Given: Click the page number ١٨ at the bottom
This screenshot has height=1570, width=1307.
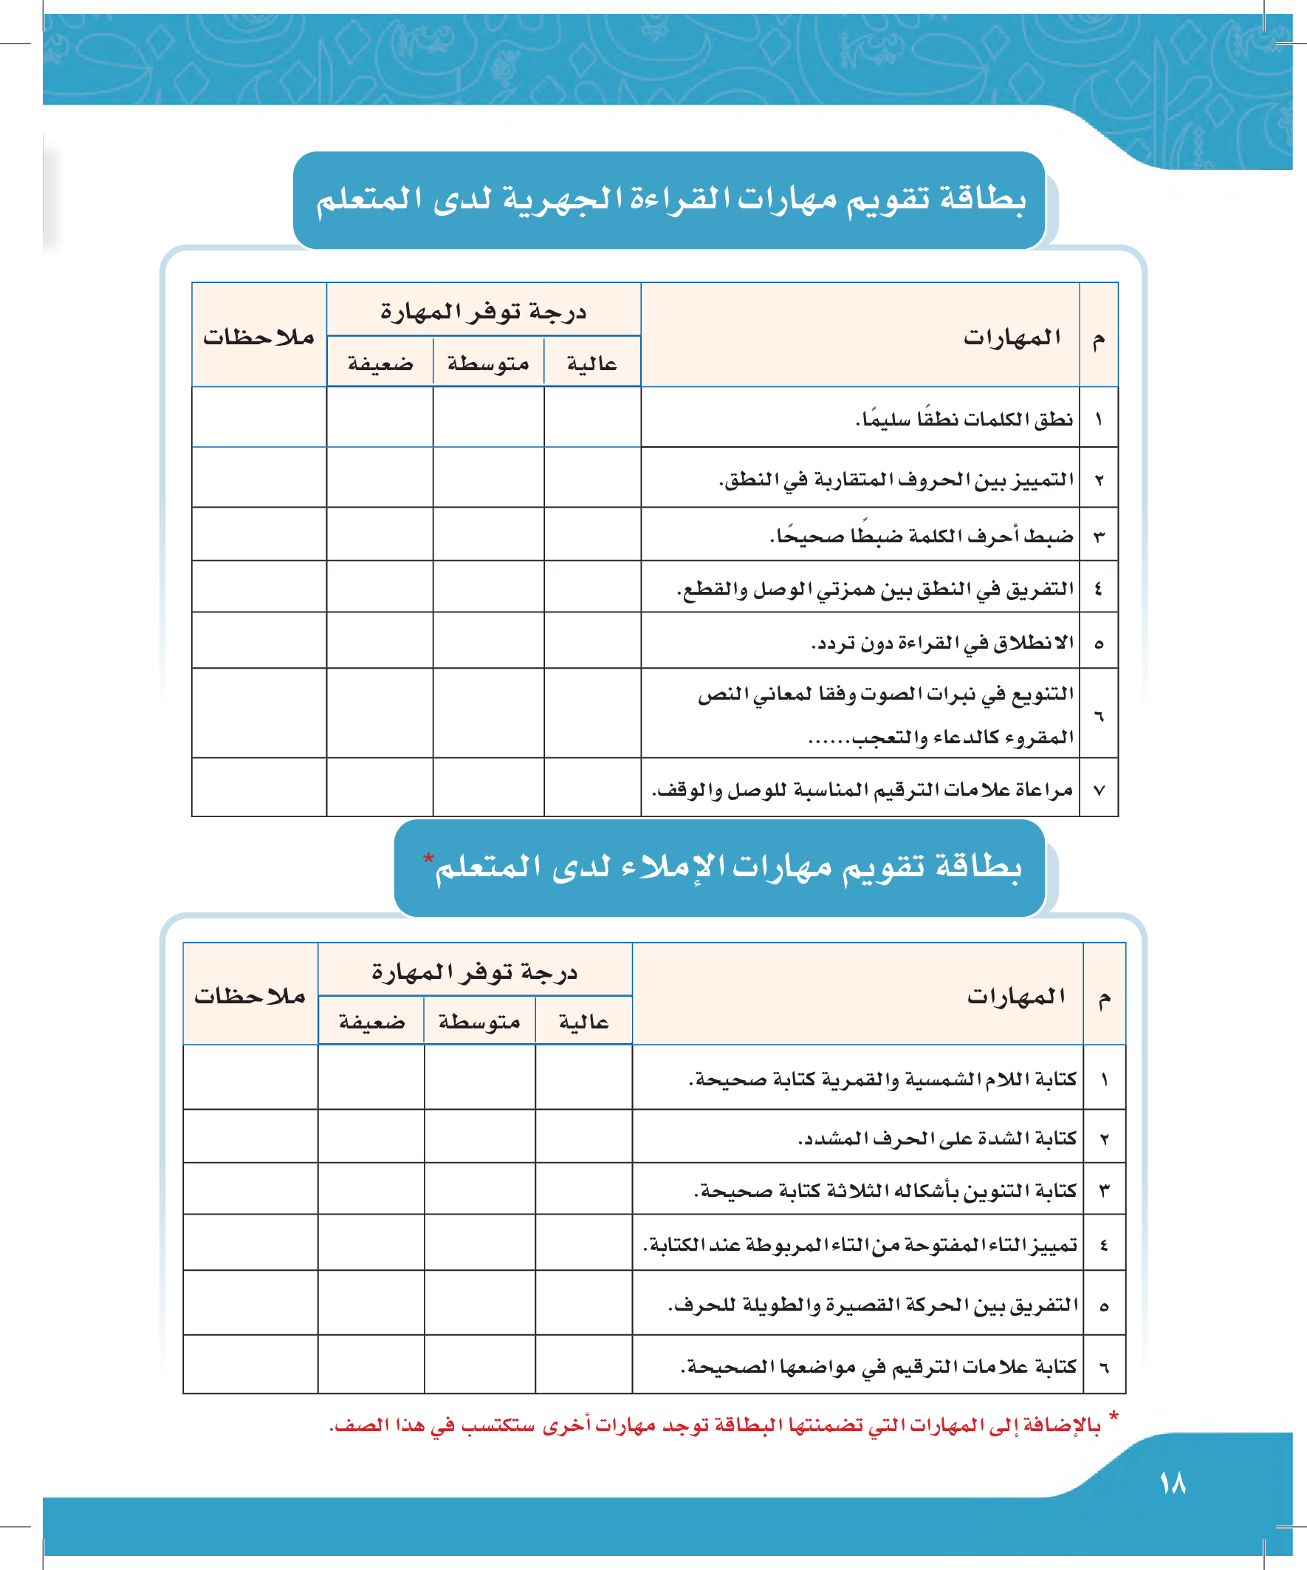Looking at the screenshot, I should coord(1173,1484).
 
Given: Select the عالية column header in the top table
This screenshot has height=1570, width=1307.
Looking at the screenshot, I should coord(592,364).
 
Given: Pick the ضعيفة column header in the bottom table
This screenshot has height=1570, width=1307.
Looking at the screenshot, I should coord(371,1022).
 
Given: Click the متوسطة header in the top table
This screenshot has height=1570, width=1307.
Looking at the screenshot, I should coord(488,364).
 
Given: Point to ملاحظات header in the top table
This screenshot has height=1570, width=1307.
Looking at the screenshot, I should coord(258,337).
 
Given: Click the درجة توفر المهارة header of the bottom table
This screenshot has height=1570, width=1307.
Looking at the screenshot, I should coord(475,972).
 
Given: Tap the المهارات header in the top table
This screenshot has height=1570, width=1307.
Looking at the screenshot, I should coord(1012,338).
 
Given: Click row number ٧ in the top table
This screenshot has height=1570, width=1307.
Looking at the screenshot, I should coord(1099,791).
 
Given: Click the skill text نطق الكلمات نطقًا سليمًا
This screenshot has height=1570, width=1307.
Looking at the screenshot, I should coord(964,419).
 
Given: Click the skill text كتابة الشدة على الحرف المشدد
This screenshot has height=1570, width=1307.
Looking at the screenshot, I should coord(937,1139).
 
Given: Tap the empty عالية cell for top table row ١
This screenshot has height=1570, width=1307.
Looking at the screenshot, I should coord(592,417).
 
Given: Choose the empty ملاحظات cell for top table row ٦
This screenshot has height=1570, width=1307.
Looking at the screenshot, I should coord(258,713).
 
